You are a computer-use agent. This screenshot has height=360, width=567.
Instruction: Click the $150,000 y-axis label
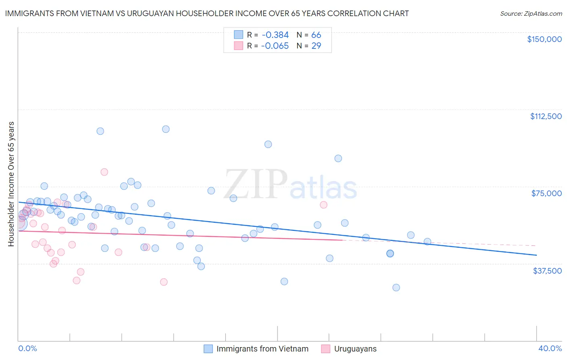pos(544,39)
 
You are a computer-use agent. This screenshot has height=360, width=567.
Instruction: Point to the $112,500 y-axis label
pos(546,116)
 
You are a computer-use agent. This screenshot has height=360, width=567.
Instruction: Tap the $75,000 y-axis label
pos(546,193)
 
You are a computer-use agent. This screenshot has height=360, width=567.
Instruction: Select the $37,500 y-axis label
pos(547,271)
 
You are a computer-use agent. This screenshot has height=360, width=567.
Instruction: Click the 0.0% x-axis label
pos(27,349)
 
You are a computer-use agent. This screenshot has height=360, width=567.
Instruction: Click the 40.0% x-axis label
pos(550,349)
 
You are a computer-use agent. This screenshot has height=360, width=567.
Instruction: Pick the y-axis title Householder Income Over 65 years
pos(11,184)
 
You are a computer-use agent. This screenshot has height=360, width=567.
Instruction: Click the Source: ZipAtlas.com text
pos(531,13)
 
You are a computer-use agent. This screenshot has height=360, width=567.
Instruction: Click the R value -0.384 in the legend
pos(275,35)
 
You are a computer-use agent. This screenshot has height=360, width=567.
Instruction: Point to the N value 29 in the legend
pos(316,46)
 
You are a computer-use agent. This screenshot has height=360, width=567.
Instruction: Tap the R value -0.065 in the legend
pos(275,46)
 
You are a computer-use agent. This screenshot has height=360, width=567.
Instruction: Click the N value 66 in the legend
pos(316,35)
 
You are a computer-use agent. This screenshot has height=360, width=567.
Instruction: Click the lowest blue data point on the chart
pos(396,287)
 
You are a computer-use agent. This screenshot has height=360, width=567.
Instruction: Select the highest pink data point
pos(104,172)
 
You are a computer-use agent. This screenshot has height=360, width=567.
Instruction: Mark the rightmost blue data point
pos(427,242)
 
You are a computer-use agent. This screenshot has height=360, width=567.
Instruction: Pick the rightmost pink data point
pos(323,205)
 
